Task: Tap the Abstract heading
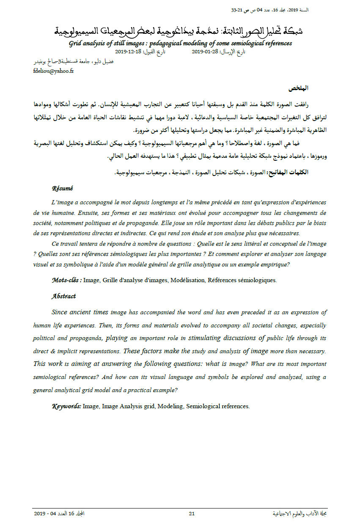point(63,296)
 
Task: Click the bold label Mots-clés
point(66,280)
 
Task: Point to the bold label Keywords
point(66,406)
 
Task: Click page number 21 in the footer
point(192,514)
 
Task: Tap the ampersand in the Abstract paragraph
point(52,351)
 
